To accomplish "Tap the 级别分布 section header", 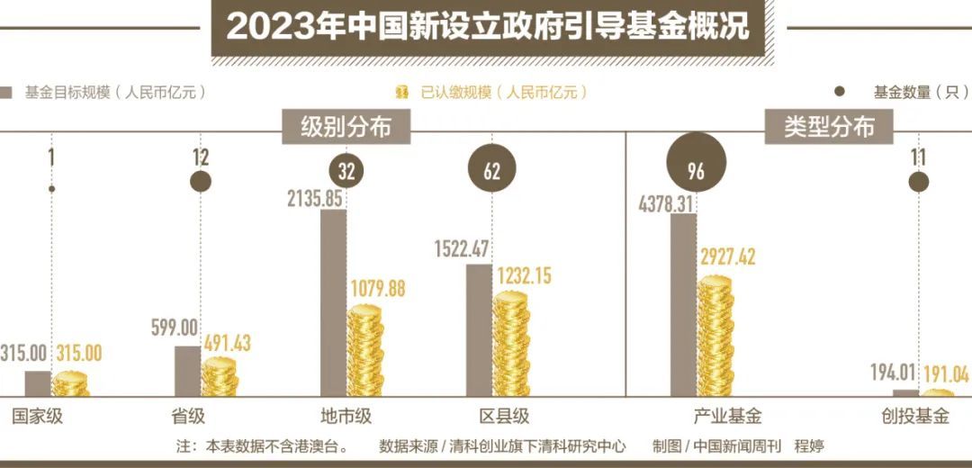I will pos(346,127).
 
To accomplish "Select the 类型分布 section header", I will pos(828,127).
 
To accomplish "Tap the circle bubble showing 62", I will pos(491,171).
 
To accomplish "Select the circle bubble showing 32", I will pos(346,171).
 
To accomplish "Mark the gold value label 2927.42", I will pos(728,257).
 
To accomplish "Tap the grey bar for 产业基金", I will pos(683,306).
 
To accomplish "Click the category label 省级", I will pos(188,417).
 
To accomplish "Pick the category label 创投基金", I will pos(914,417).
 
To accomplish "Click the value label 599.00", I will pos(175,330).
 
